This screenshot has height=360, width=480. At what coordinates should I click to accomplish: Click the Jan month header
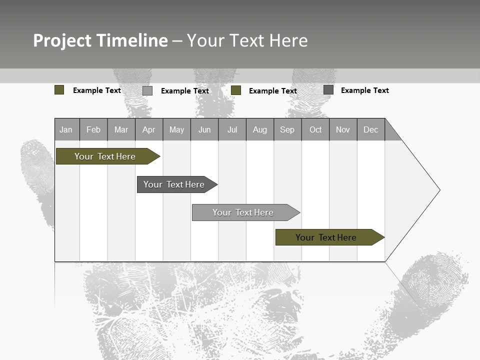tap(66, 129)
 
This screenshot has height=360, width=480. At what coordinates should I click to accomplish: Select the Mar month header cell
tap(121, 129)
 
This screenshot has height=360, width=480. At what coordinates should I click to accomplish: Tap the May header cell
tap(176, 129)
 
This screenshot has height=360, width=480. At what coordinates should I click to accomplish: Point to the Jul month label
tap(232, 129)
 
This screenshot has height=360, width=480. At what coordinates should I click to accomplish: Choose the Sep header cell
tap(287, 129)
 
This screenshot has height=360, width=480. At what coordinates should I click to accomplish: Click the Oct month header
tap(315, 129)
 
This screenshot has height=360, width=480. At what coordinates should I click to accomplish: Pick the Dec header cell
tap(370, 129)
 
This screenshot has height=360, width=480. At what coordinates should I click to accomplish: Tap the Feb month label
tap(93, 129)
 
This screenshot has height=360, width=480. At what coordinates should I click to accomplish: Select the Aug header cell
tap(259, 129)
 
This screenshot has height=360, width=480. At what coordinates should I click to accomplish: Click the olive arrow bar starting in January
tap(105, 156)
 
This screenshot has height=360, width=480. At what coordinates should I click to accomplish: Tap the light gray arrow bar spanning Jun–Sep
tap(243, 212)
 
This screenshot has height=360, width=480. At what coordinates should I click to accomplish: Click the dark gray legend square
tap(328, 90)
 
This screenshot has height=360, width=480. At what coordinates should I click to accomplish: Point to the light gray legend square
tap(147, 90)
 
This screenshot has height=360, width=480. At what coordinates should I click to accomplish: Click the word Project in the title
tap(62, 40)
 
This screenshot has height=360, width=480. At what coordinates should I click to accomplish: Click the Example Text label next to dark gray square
tap(364, 90)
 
